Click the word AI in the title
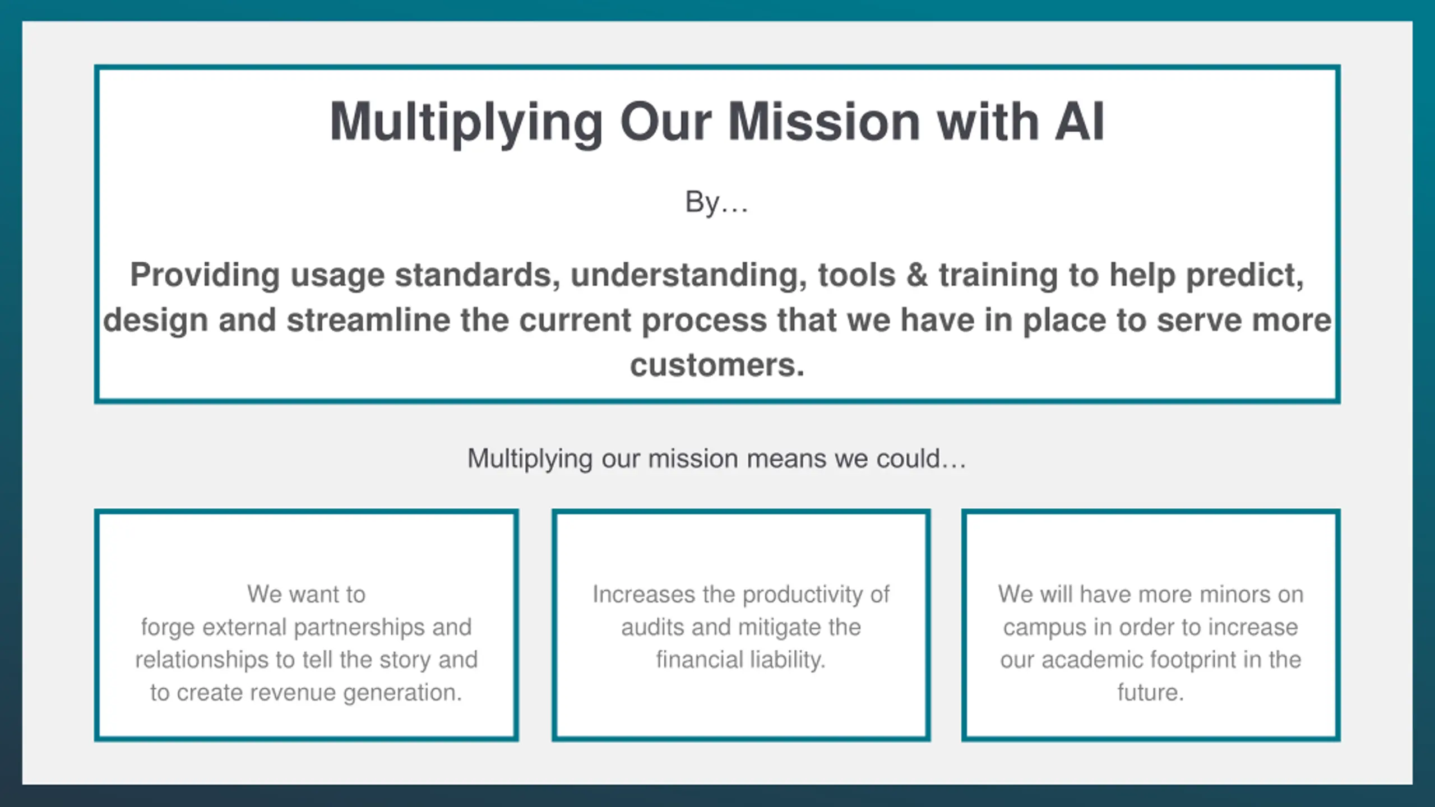[1080, 122]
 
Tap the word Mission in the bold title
[824, 122]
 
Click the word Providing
[205, 275]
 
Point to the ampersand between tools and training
[917, 275]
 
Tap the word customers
[717, 365]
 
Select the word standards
[477, 275]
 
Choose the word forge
[168, 627]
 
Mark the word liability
[788, 660]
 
